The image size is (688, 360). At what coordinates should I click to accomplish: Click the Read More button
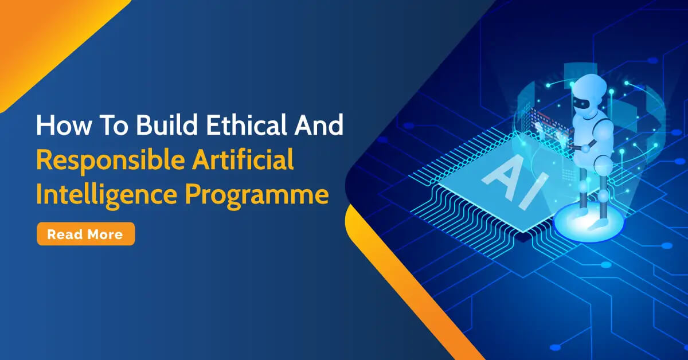(85, 234)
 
